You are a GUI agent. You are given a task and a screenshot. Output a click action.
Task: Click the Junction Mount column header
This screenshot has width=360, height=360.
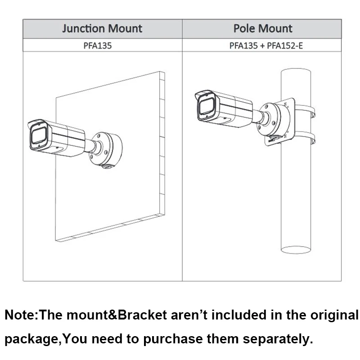(x=102, y=29)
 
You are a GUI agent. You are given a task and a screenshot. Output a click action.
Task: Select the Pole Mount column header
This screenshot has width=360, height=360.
(x=262, y=29)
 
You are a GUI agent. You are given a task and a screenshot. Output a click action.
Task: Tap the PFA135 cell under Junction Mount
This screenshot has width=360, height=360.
(x=102, y=45)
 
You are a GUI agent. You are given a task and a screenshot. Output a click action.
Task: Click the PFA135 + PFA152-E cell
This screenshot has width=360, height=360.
(x=262, y=45)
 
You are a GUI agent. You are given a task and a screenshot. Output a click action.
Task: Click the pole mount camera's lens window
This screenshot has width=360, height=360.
(x=206, y=107)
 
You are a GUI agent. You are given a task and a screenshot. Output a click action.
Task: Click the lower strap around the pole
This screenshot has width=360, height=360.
(x=306, y=137)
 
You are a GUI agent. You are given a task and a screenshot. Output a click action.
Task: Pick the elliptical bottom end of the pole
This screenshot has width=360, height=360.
(x=295, y=248)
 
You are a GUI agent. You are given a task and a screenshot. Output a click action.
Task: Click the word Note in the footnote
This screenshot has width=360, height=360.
(x=21, y=315)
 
